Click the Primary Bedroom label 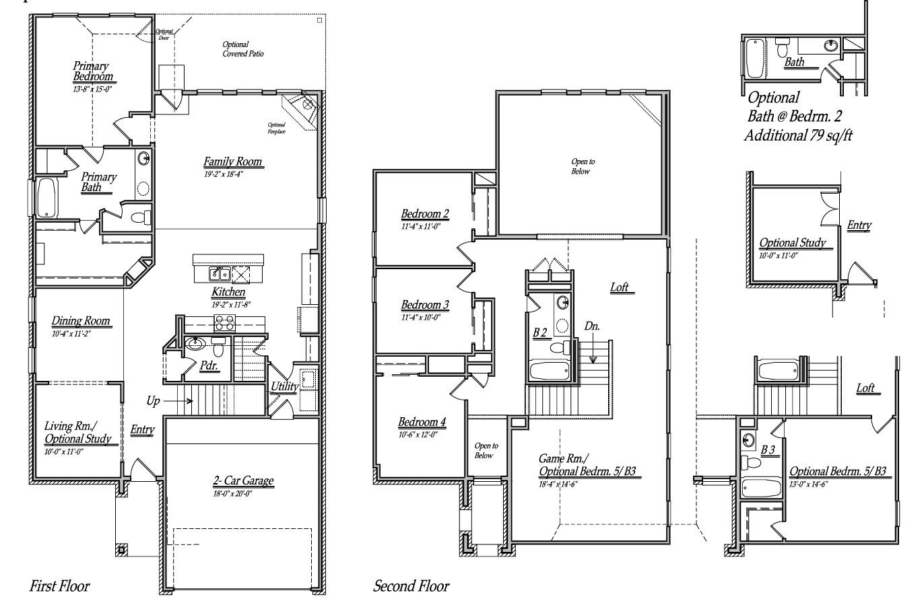(x=92, y=71)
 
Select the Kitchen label (x=228, y=293)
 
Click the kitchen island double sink (x=220, y=273)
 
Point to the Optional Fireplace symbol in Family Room (x=301, y=108)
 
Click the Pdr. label (x=208, y=365)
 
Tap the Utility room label (x=284, y=386)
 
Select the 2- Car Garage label (x=243, y=481)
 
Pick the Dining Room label (x=81, y=321)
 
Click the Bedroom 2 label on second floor (x=425, y=214)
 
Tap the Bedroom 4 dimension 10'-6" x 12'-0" (x=418, y=435)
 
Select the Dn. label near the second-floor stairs (x=592, y=326)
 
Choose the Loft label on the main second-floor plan (x=619, y=287)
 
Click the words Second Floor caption (x=411, y=586)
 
